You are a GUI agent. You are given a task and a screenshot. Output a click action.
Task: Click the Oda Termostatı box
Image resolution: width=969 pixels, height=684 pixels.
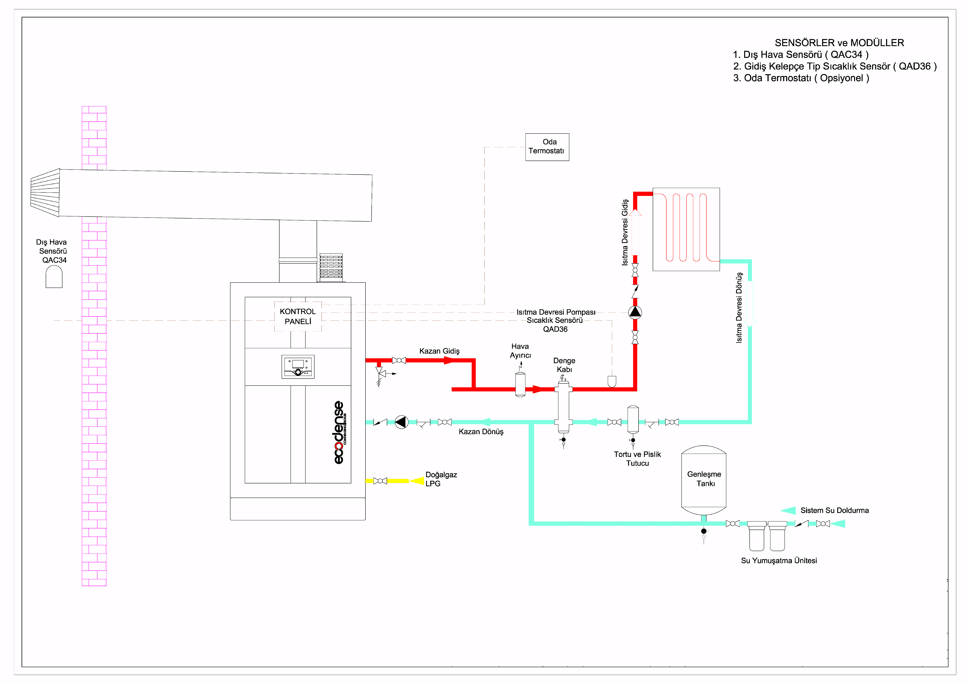pyautogui.click(x=547, y=147)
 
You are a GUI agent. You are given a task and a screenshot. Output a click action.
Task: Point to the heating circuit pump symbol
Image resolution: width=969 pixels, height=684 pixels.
pyautogui.click(x=635, y=312)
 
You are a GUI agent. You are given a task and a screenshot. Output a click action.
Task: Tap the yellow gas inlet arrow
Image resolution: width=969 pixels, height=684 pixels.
pyautogui.click(x=417, y=481)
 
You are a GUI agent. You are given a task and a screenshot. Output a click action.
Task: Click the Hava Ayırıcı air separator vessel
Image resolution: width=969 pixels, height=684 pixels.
pyautogui.click(x=520, y=384)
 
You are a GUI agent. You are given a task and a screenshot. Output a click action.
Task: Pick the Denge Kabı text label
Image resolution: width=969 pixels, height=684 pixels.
pyautogui.click(x=564, y=365)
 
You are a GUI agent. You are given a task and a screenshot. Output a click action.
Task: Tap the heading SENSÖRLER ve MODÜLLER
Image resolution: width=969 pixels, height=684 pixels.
pyautogui.click(x=839, y=43)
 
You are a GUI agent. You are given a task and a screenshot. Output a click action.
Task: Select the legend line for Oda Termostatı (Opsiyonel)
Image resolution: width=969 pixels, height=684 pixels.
pyautogui.click(x=801, y=78)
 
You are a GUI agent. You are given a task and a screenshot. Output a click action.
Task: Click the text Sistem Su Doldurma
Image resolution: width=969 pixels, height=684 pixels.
pyautogui.click(x=834, y=510)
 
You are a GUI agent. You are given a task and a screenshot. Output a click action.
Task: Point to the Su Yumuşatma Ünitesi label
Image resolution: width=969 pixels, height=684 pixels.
pyautogui.click(x=779, y=560)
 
